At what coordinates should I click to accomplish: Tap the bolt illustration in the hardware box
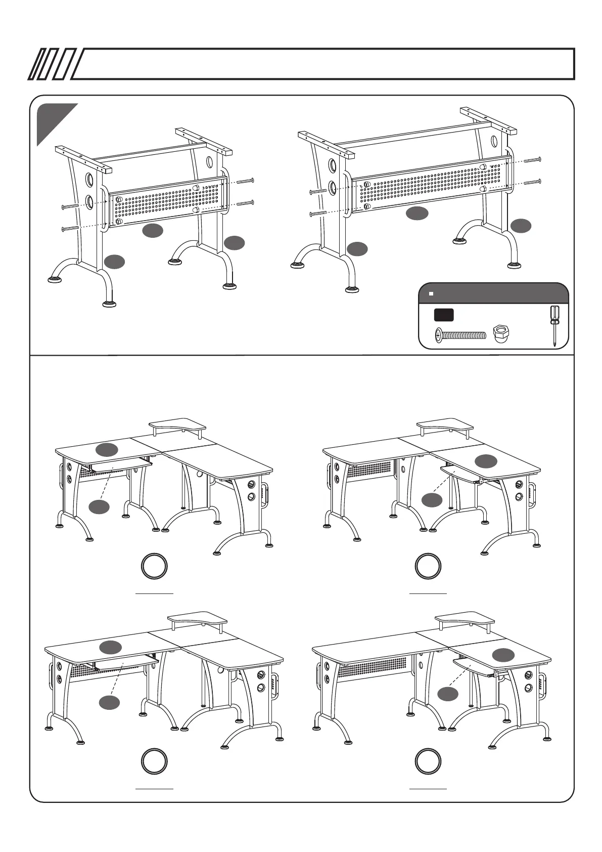pyautogui.click(x=460, y=334)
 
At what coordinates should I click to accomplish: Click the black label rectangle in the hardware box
pyautogui.click(x=443, y=315)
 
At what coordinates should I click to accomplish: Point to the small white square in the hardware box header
pyautogui.click(x=431, y=293)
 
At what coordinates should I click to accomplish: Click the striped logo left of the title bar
pyautogui.click(x=52, y=64)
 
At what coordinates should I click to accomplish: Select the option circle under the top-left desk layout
pyautogui.click(x=154, y=567)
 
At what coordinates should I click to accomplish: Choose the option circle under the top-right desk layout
pyautogui.click(x=428, y=567)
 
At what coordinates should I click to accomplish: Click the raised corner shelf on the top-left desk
pyautogui.click(x=177, y=425)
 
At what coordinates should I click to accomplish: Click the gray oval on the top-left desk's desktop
pyautogui.click(x=107, y=448)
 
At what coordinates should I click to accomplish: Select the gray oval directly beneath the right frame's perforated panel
pyautogui.click(x=418, y=214)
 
